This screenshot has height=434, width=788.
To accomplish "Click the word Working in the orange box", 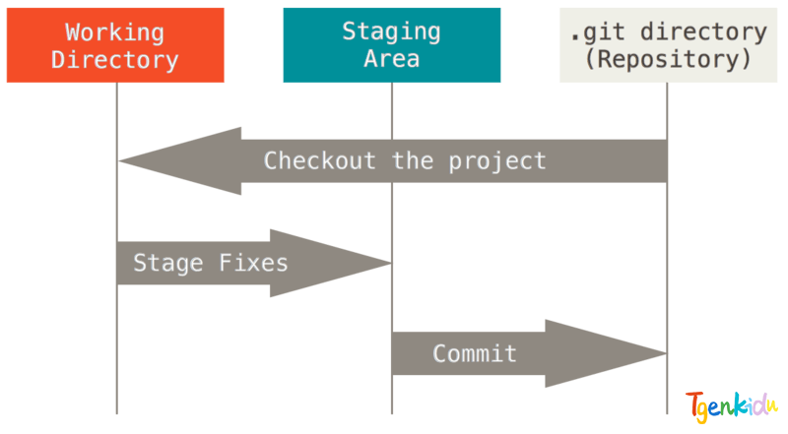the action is tap(114, 32).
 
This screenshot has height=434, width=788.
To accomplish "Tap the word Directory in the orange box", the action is tap(114, 60).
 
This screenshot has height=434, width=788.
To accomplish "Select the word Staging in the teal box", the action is tap(391, 32).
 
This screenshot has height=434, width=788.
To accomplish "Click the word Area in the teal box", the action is tap(391, 59).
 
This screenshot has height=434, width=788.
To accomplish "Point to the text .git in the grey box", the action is tap(598, 32).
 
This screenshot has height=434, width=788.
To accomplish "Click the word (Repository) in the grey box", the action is tap(669, 59).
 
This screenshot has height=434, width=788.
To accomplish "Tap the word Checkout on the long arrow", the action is tap(319, 160).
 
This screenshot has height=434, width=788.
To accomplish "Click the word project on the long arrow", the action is tap(497, 161).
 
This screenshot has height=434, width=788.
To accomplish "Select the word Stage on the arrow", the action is tap(168, 264).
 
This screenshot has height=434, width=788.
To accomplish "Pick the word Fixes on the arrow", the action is tap(253, 263).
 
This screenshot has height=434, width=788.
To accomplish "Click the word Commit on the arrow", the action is tap(475, 353).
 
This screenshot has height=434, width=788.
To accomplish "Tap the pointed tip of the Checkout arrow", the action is tap(119, 161).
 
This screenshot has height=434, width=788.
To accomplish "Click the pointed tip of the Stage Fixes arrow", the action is tap(391, 263).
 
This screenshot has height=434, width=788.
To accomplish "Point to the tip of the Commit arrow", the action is tap(667, 353).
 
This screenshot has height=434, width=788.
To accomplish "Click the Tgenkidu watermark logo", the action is tap(731, 405).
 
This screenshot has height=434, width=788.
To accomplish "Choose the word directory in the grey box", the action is tap(703, 32).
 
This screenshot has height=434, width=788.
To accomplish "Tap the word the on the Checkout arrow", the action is tap(413, 160).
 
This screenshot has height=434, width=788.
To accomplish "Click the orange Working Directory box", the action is tap(115, 45).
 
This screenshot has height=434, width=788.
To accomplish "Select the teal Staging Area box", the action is tap(392, 45).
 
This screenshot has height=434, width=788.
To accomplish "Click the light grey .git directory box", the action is tap(669, 45).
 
